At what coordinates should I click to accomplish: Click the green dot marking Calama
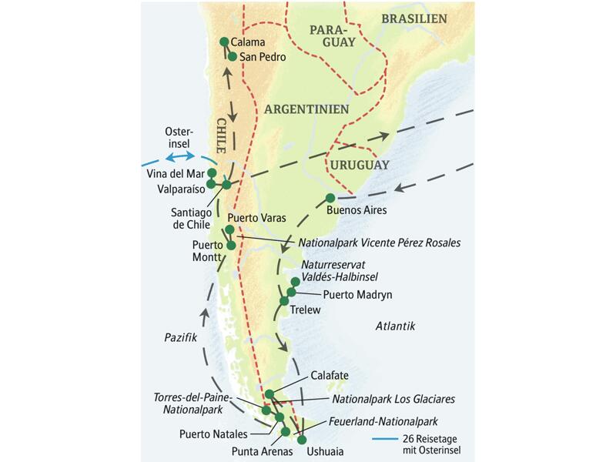point(224,42)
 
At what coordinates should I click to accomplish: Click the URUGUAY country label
point(358,165)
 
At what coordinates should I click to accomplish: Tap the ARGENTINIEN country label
point(307,109)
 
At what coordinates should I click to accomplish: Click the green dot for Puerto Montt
point(232,246)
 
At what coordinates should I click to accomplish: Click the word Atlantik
point(395,326)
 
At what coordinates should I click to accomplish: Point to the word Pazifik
point(182,337)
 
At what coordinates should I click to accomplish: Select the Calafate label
point(330,375)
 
